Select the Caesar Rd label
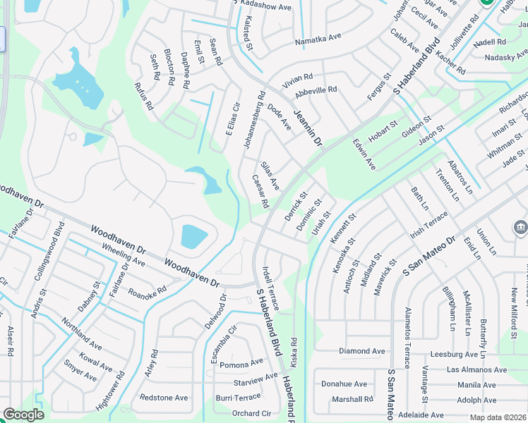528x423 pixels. (x=260, y=192)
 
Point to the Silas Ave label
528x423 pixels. (x=270, y=175)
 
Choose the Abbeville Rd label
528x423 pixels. (x=316, y=90)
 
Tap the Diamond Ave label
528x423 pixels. (x=362, y=351)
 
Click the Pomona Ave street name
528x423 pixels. (x=241, y=364)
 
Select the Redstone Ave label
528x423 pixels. (x=164, y=398)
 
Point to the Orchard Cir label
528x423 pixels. (x=251, y=414)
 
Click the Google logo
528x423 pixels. (x=23, y=415)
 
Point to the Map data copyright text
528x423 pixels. (x=499, y=417)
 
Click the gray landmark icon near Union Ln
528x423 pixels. (x=520, y=228)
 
